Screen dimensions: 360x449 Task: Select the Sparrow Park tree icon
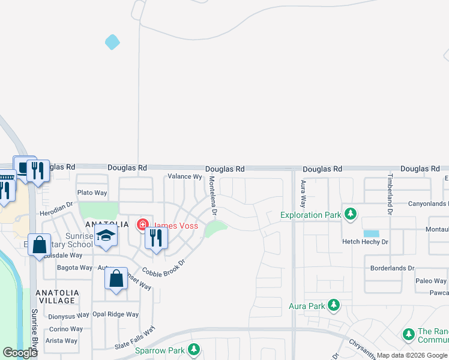coord(193,349)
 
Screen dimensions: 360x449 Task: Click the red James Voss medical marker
coord(143,226)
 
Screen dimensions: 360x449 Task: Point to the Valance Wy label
coord(184,176)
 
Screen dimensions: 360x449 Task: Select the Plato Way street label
coord(92,193)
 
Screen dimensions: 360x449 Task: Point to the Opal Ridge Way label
coord(115,314)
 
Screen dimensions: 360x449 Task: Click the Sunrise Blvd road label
coord(34,328)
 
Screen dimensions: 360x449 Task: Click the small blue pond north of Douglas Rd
coord(112,42)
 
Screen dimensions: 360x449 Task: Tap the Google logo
coord(20,353)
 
